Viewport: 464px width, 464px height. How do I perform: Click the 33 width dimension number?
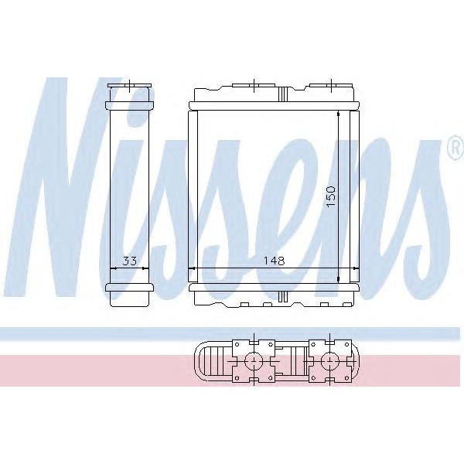tap(130, 261)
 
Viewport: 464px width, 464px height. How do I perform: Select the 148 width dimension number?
tap(273, 261)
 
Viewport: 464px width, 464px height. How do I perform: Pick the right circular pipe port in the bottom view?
tap(330, 360)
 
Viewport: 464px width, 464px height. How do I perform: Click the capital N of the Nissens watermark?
tap(73, 186)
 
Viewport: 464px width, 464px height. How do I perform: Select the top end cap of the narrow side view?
tap(130, 94)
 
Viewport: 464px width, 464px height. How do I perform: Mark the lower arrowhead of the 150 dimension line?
tap(339, 279)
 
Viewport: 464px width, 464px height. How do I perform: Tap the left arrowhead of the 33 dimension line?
tap(114, 269)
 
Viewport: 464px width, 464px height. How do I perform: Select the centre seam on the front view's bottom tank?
tap(282, 295)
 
